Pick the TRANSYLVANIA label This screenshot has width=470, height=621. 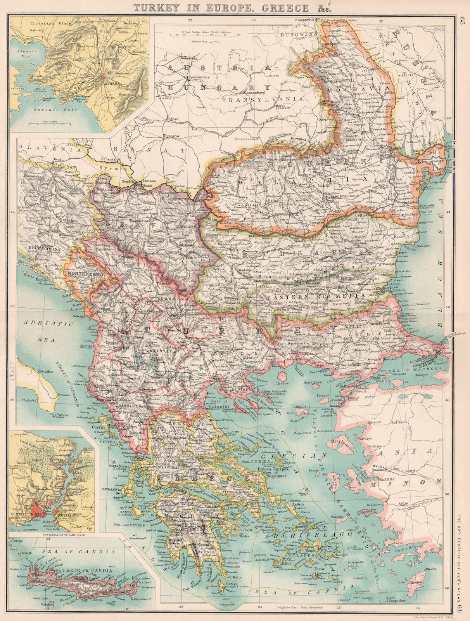[x=262, y=99]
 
